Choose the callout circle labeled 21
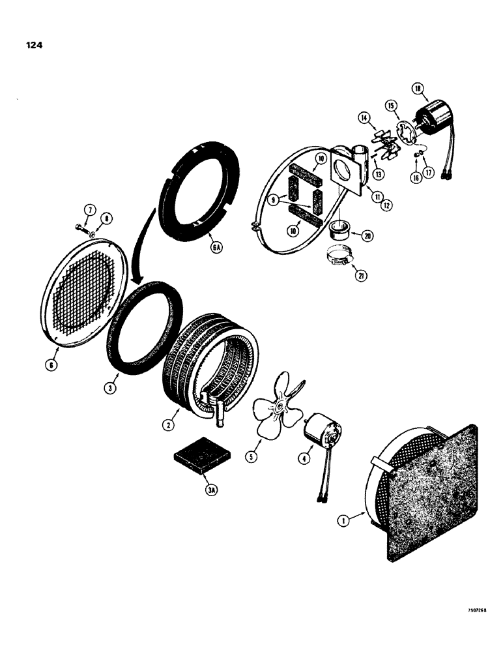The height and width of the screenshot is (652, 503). tap(360, 275)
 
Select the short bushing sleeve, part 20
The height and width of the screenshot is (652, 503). tap(341, 230)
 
